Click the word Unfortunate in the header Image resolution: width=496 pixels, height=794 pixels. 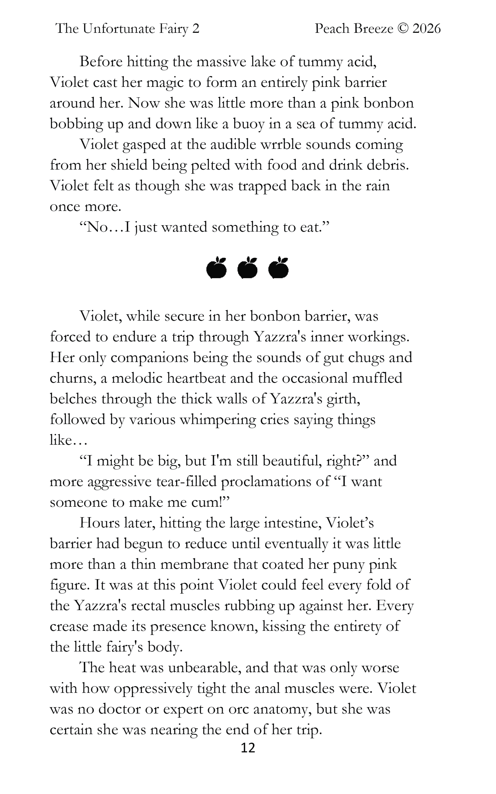point(119,29)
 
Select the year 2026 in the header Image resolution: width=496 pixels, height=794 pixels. point(426,29)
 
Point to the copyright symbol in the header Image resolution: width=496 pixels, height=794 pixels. point(402,29)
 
